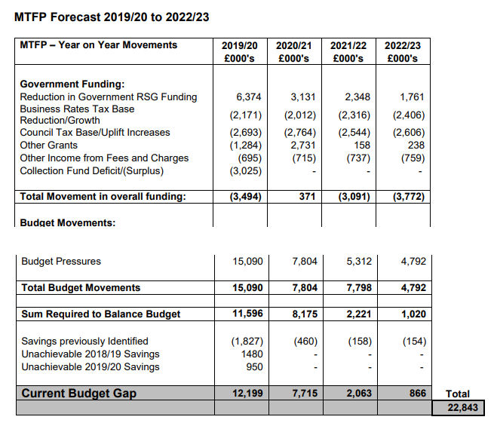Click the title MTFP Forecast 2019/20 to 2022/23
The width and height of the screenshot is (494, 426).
click(x=112, y=17)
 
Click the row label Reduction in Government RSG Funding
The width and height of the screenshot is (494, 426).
click(x=108, y=97)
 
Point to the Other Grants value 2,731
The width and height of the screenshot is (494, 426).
click(x=302, y=145)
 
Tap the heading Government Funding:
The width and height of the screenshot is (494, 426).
click(x=72, y=84)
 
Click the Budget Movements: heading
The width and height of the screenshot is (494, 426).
click(x=67, y=223)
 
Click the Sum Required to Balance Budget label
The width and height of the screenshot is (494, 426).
click(x=100, y=314)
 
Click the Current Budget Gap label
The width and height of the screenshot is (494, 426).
click(x=79, y=393)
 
